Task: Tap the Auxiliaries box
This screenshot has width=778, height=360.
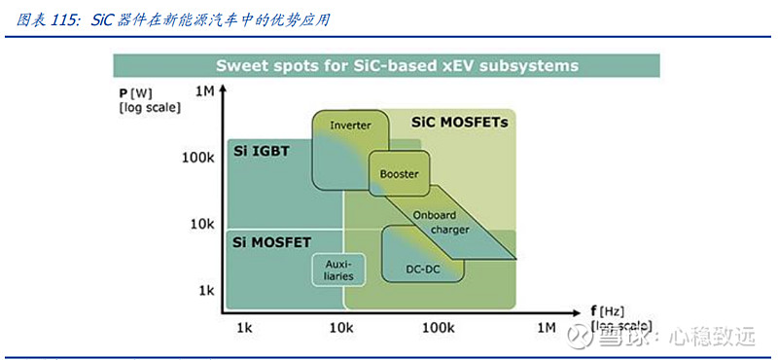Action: (x=332, y=270)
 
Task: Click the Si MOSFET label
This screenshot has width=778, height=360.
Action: (x=273, y=239)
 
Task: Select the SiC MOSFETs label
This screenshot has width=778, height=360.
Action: (x=459, y=123)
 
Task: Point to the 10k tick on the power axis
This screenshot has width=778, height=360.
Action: (x=201, y=224)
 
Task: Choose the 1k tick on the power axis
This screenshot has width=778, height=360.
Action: (x=205, y=290)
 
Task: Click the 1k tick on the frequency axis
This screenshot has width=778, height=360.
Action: (x=245, y=329)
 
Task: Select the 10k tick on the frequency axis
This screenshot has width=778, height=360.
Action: (x=341, y=329)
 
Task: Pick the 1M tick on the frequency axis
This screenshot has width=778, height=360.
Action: (x=547, y=329)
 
